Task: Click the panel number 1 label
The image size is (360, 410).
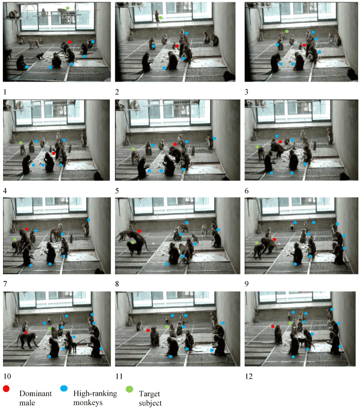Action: click(5, 92)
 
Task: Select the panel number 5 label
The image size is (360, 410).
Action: click(117, 191)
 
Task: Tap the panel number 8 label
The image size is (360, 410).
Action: click(117, 284)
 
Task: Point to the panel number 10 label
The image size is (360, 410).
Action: click(7, 376)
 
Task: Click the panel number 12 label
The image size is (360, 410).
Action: click(248, 376)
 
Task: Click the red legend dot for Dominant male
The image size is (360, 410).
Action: click(6, 389)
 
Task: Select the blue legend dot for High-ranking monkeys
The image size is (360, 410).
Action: click(64, 388)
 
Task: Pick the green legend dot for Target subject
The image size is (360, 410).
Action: click(130, 390)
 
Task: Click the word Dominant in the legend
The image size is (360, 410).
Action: click(35, 394)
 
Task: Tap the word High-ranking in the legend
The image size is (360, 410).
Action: click(95, 394)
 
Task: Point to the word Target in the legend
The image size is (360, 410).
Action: click(149, 394)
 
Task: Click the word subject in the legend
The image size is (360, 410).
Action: click(151, 403)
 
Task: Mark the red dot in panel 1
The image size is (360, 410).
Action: click(70, 42)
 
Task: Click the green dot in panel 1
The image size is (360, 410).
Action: click(68, 8)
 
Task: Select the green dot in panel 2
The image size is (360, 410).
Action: click(161, 18)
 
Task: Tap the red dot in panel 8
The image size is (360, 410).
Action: click(139, 231)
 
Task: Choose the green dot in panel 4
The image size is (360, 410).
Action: click(20, 143)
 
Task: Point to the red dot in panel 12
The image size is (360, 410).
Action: click(273, 327)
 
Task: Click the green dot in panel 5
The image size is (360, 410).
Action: click(133, 149)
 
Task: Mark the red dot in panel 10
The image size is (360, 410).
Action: click(26, 333)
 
